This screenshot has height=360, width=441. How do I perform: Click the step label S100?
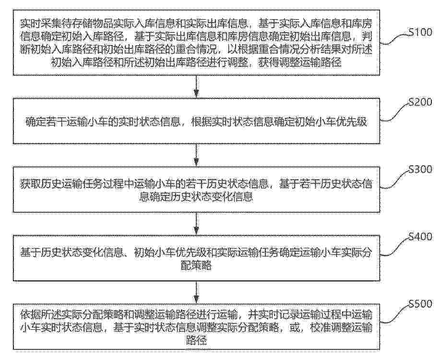pyautogui.click(x=420, y=32)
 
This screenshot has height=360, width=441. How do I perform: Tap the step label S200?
pyautogui.click(x=420, y=102)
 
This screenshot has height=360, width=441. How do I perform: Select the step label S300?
pyautogui.click(x=420, y=169)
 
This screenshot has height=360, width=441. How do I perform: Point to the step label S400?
pyautogui.click(x=420, y=237)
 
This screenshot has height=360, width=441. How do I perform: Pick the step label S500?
pyautogui.click(x=420, y=304)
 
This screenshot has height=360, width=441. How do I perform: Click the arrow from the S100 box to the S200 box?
pyautogui.click(x=196, y=87)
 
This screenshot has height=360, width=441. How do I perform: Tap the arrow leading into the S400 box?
pyautogui.click(x=196, y=223)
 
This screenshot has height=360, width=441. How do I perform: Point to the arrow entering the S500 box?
pyautogui.click(x=196, y=292)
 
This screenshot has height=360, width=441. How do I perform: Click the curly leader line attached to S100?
pyautogui.click(x=394, y=39)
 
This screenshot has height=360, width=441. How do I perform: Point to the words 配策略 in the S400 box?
pyautogui.click(x=196, y=265)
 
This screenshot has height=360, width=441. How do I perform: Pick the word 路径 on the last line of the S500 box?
pyautogui.click(x=196, y=341)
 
